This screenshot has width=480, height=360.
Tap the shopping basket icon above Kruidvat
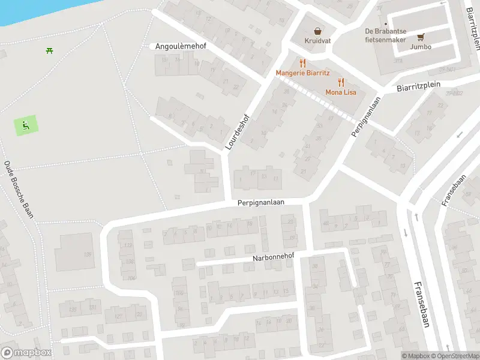coord(316,32)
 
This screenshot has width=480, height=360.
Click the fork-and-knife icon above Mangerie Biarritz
coord(302,62)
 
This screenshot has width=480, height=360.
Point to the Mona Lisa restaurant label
coord(341,92)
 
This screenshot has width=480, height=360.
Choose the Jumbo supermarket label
coord(421,46)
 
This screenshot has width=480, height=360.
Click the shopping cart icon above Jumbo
coord(421,36)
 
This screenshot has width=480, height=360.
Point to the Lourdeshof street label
coord(236,131)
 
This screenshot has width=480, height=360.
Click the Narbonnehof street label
coord(274,259)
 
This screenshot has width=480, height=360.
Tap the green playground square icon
coord(25,125)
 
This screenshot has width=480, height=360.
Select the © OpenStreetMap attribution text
coord(455,356)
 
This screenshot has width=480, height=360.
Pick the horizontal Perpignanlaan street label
coord(260,203)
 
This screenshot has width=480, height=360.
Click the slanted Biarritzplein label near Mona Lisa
coord(418,86)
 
